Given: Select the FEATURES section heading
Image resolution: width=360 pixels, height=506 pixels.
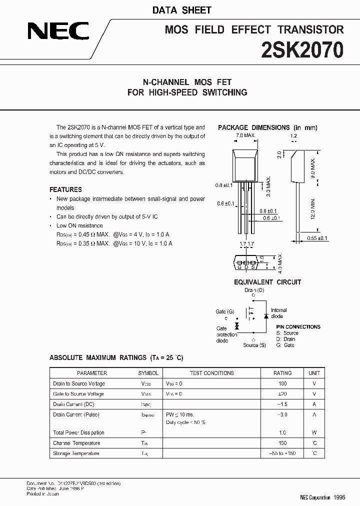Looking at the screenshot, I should point(65,189).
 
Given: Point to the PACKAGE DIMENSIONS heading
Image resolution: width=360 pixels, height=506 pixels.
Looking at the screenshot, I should point(267,128).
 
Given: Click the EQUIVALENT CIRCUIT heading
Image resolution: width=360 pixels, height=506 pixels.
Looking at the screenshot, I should point(267,282).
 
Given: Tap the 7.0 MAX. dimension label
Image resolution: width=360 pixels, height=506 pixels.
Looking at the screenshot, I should point(245,135).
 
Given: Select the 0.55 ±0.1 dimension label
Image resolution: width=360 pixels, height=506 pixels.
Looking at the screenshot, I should point(317,238).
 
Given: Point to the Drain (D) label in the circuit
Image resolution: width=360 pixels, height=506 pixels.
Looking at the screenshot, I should point(254,290).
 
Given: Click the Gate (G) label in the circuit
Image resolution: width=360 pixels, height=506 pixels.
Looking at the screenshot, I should point(224,311).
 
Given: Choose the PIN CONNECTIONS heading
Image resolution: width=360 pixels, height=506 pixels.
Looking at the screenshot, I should point(298,326).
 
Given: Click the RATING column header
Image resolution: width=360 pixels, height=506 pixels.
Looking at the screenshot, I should point(282,373).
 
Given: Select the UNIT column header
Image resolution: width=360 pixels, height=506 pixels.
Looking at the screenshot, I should point(314,373).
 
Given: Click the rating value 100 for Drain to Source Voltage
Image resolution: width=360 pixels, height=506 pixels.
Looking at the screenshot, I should point(282,383).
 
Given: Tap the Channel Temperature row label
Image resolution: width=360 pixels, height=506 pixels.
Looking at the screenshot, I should point(76,443).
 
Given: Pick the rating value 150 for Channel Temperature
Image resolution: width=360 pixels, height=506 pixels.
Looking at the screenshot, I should point(282,443).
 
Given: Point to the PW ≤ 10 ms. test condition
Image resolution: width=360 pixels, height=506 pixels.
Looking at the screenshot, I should point(180,414).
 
